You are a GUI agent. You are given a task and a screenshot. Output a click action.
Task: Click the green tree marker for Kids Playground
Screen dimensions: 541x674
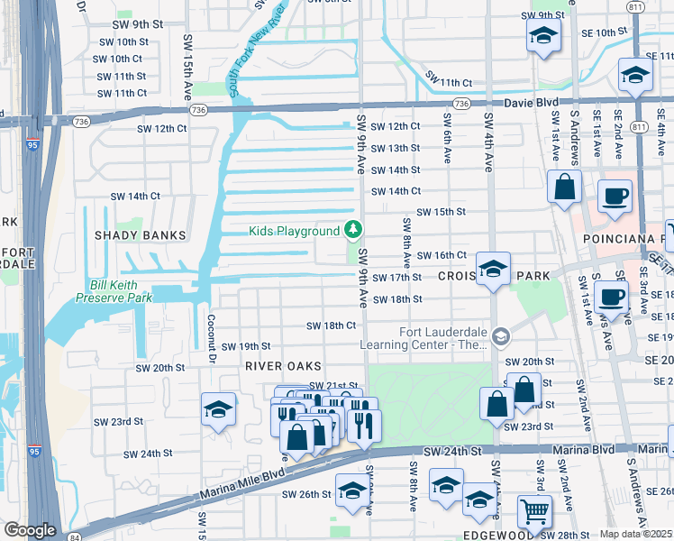pos(354,231)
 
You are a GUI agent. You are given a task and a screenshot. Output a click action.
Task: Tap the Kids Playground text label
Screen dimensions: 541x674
pos(295,232)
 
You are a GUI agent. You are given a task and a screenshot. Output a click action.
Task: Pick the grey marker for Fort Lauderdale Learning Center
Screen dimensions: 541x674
pos(501,337)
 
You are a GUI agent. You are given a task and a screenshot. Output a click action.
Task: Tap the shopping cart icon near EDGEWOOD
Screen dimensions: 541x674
pos(534,511)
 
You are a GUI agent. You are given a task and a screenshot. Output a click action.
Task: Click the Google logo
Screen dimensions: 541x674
pos(30,530)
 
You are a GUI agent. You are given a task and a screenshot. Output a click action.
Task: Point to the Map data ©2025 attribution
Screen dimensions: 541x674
pos(636,534)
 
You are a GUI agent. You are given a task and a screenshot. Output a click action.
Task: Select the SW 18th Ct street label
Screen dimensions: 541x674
pos(331,326)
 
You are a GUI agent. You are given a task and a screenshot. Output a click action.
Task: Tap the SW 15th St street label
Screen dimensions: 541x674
pos(434,212)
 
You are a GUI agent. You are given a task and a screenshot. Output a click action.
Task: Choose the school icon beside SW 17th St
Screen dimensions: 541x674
pos(493,268)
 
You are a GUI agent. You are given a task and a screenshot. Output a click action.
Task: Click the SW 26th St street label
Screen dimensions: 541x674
pos(302,494)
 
